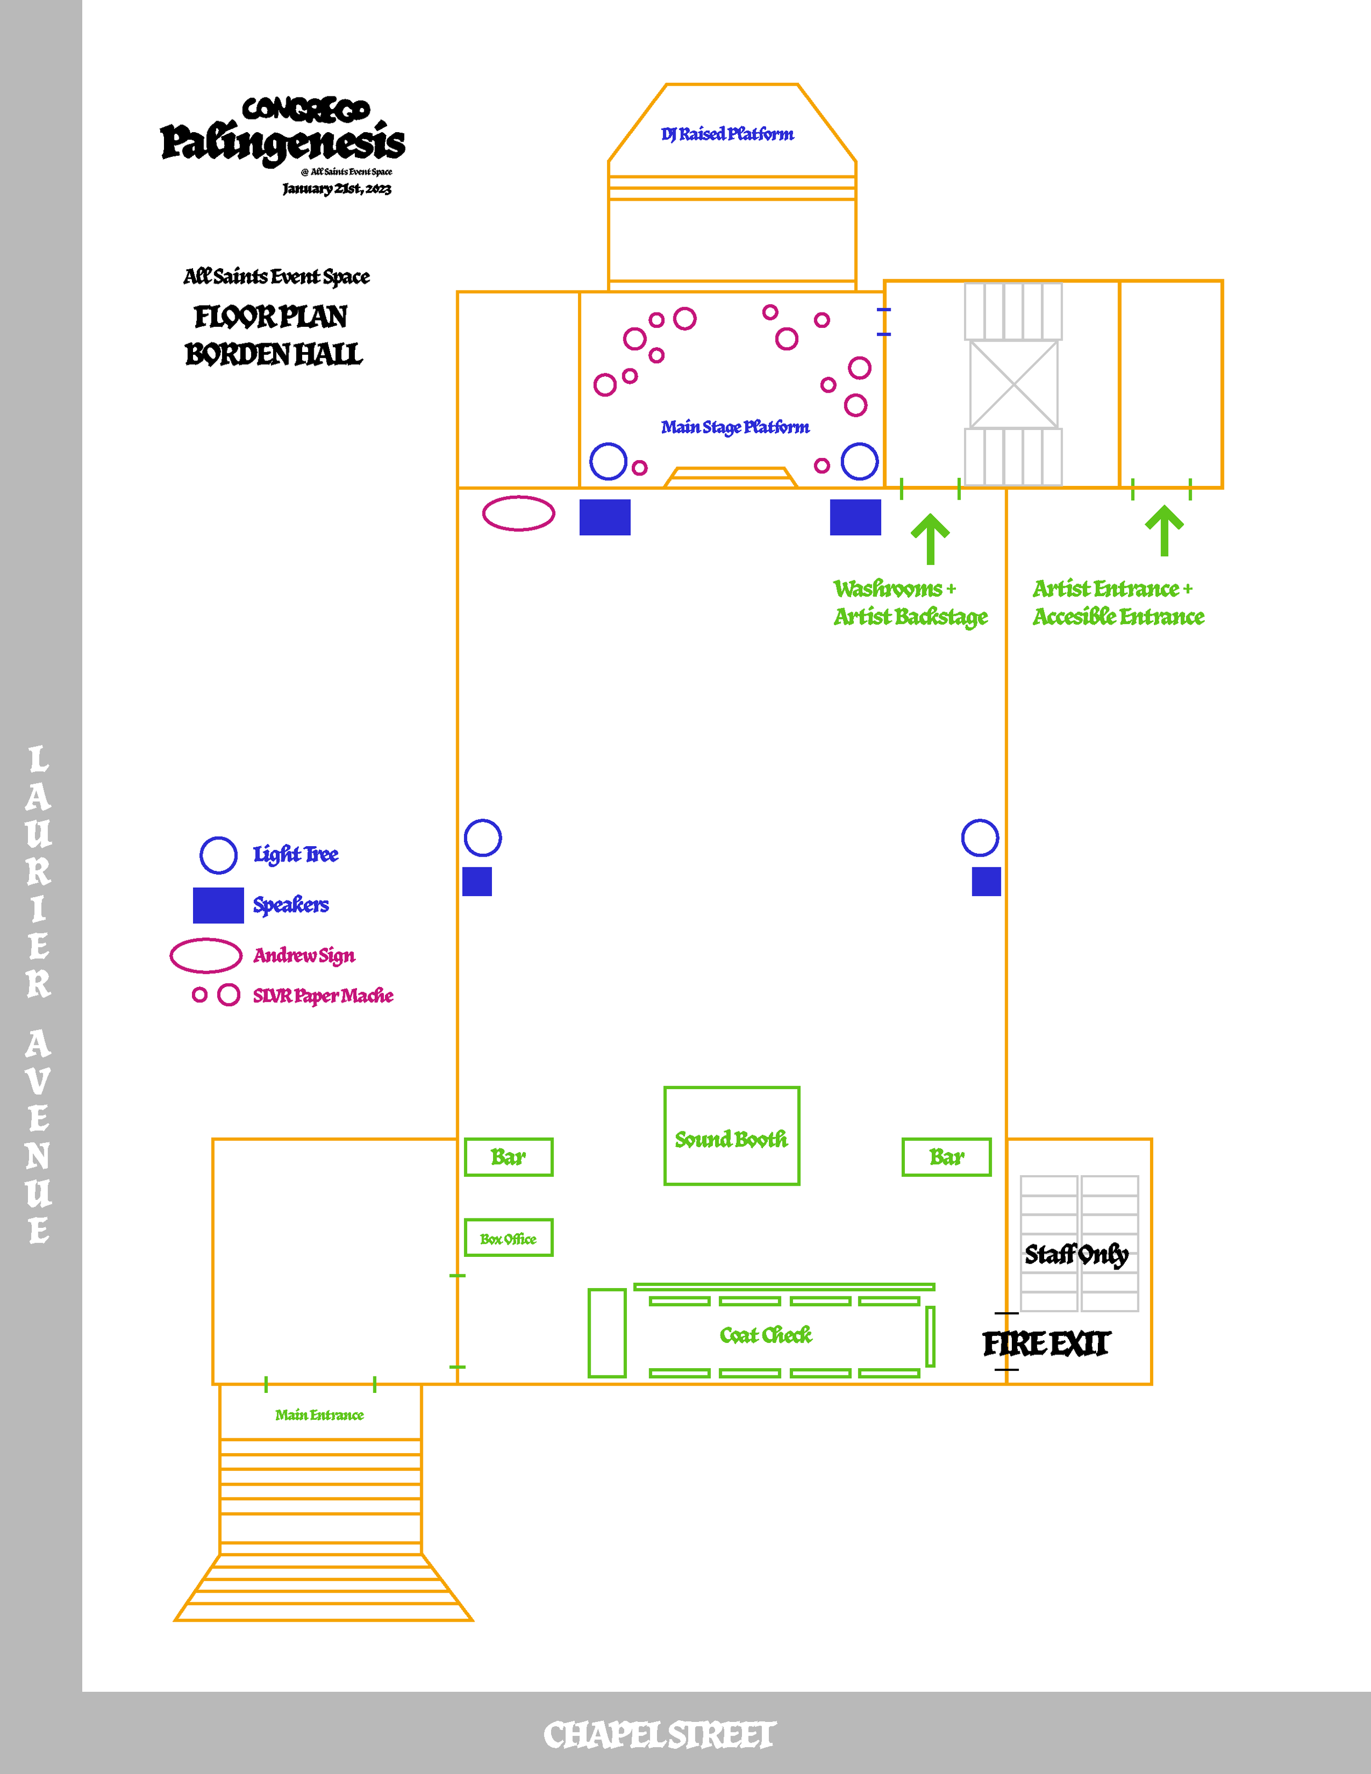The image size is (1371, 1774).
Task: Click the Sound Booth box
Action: [731, 1136]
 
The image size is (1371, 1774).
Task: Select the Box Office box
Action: [508, 1238]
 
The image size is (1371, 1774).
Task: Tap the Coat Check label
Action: [765, 1335]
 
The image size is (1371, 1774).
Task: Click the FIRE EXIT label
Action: [1045, 1344]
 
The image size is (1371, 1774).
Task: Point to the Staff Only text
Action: [1076, 1255]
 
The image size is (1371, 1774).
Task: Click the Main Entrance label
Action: [319, 1415]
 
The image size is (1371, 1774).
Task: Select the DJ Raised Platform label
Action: [727, 134]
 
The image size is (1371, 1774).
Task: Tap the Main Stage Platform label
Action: [735, 427]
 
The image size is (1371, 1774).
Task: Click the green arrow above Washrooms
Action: [930, 538]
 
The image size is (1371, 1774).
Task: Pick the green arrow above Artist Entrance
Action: [1164, 530]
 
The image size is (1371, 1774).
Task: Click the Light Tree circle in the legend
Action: [218, 854]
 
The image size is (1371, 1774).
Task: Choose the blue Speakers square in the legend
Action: [218, 905]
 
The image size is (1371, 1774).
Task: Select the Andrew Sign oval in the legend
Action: [206, 955]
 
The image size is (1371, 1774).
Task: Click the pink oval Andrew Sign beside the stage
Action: [518, 513]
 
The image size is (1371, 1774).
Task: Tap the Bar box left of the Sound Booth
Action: [508, 1157]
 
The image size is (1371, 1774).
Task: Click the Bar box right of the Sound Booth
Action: [946, 1157]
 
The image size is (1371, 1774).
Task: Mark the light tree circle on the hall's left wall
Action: [483, 837]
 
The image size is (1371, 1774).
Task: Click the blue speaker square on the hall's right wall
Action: [986, 881]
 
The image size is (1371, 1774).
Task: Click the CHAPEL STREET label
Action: [660, 1735]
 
